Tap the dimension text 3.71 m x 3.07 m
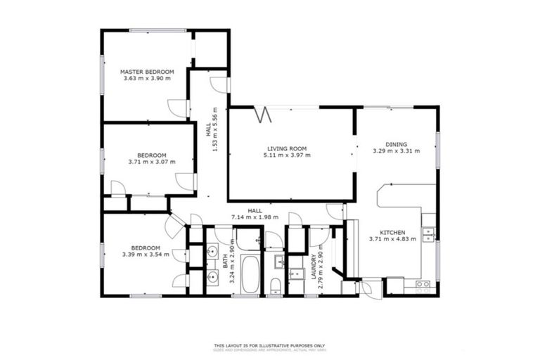151,162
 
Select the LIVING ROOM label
286,148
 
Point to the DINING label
396,143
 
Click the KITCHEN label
392,232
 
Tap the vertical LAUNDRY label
314,267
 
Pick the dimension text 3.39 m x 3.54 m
146,255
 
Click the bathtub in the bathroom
250,274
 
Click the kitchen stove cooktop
423,285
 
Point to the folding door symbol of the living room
262,112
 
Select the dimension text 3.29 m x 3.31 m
396,150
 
